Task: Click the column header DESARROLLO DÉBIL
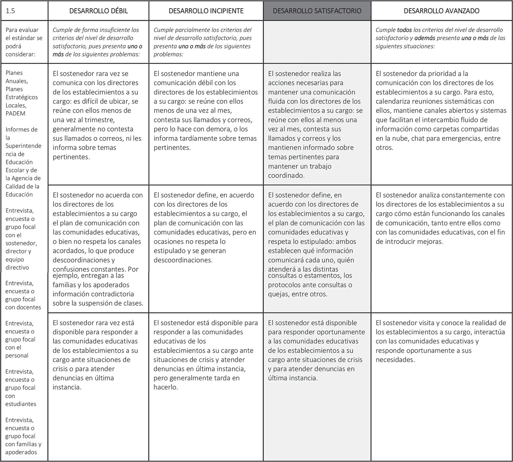click(x=98, y=11)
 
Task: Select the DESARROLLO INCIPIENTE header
click(x=206, y=11)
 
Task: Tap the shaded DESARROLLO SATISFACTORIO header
click(x=317, y=11)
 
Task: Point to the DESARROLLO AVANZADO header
click(x=442, y=11)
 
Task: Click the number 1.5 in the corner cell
click(x=11, y=11)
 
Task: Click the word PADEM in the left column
click(x=15, y=113)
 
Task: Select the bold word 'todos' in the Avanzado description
click(x=404, y=30)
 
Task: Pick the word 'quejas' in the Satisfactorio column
click(x=278, y=294)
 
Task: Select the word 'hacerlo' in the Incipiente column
click(x=166, y=387)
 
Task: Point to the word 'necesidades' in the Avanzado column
click(x=395, y=359)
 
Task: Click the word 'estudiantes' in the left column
click(x=21, y=404)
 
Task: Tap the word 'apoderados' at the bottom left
click(x=21, y=452)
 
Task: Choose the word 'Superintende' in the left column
click(x=23, y=146)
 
